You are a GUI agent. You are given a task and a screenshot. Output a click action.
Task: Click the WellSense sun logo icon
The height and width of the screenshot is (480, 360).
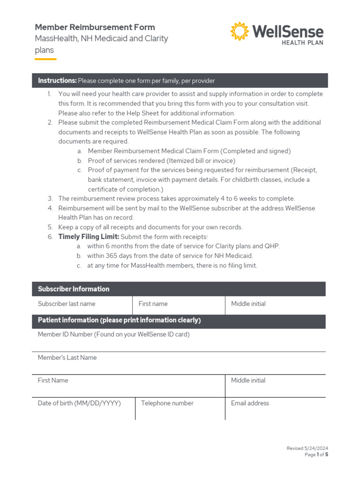(240, 31)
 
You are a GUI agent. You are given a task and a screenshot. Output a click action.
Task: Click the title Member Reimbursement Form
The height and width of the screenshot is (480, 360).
(95, 27)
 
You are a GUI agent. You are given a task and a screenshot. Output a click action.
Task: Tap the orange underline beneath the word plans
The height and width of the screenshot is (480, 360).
(45, 59)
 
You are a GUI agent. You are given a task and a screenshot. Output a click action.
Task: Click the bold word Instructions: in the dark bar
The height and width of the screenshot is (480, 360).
(57, 81)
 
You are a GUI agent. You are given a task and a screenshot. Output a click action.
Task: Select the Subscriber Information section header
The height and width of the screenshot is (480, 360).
(74, 289)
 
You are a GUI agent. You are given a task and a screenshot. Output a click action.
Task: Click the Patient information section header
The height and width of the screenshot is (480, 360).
(119, 320)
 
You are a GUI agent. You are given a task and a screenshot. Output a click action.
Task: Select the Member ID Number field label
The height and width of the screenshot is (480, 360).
(113, 334)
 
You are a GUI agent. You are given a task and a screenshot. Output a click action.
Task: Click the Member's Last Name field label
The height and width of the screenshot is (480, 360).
(67, 357)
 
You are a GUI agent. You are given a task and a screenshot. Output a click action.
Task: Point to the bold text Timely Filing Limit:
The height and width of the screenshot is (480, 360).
(89, 237)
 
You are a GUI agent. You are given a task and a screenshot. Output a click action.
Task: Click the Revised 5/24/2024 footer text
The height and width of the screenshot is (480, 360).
(307, 449)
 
